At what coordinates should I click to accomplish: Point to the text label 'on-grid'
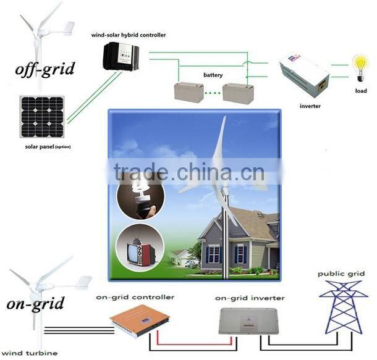coord(36,304)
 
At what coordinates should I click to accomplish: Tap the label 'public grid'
coord(341,274)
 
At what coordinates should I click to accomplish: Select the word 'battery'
coord(213,75)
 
